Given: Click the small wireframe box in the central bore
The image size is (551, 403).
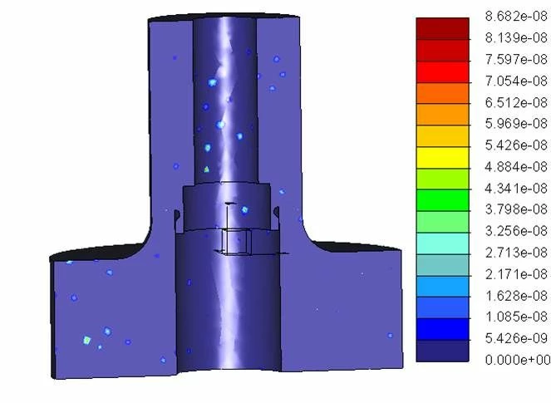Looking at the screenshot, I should click(236, 241).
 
